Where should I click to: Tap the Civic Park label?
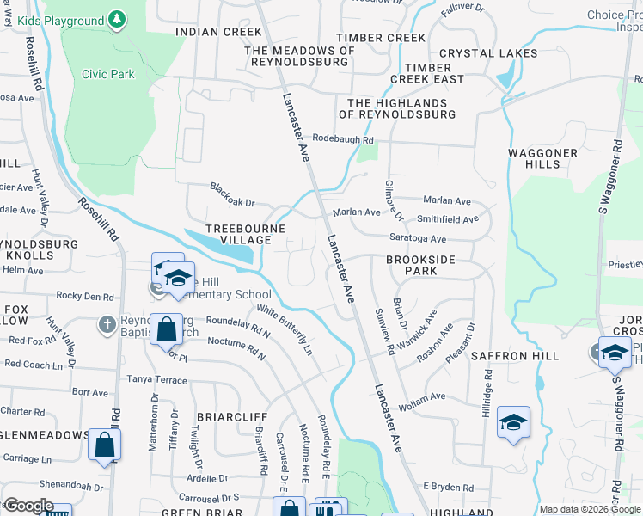coord(108,75)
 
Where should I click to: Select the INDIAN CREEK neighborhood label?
coord(217,32)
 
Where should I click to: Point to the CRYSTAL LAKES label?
coord(488,53)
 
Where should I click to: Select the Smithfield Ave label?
coord(447,219)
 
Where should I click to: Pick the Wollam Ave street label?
coord(420,396)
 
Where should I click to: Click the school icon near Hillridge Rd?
coord(513,422)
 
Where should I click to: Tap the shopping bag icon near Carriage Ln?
coord(104,444)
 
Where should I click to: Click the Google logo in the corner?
coord(28,506)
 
